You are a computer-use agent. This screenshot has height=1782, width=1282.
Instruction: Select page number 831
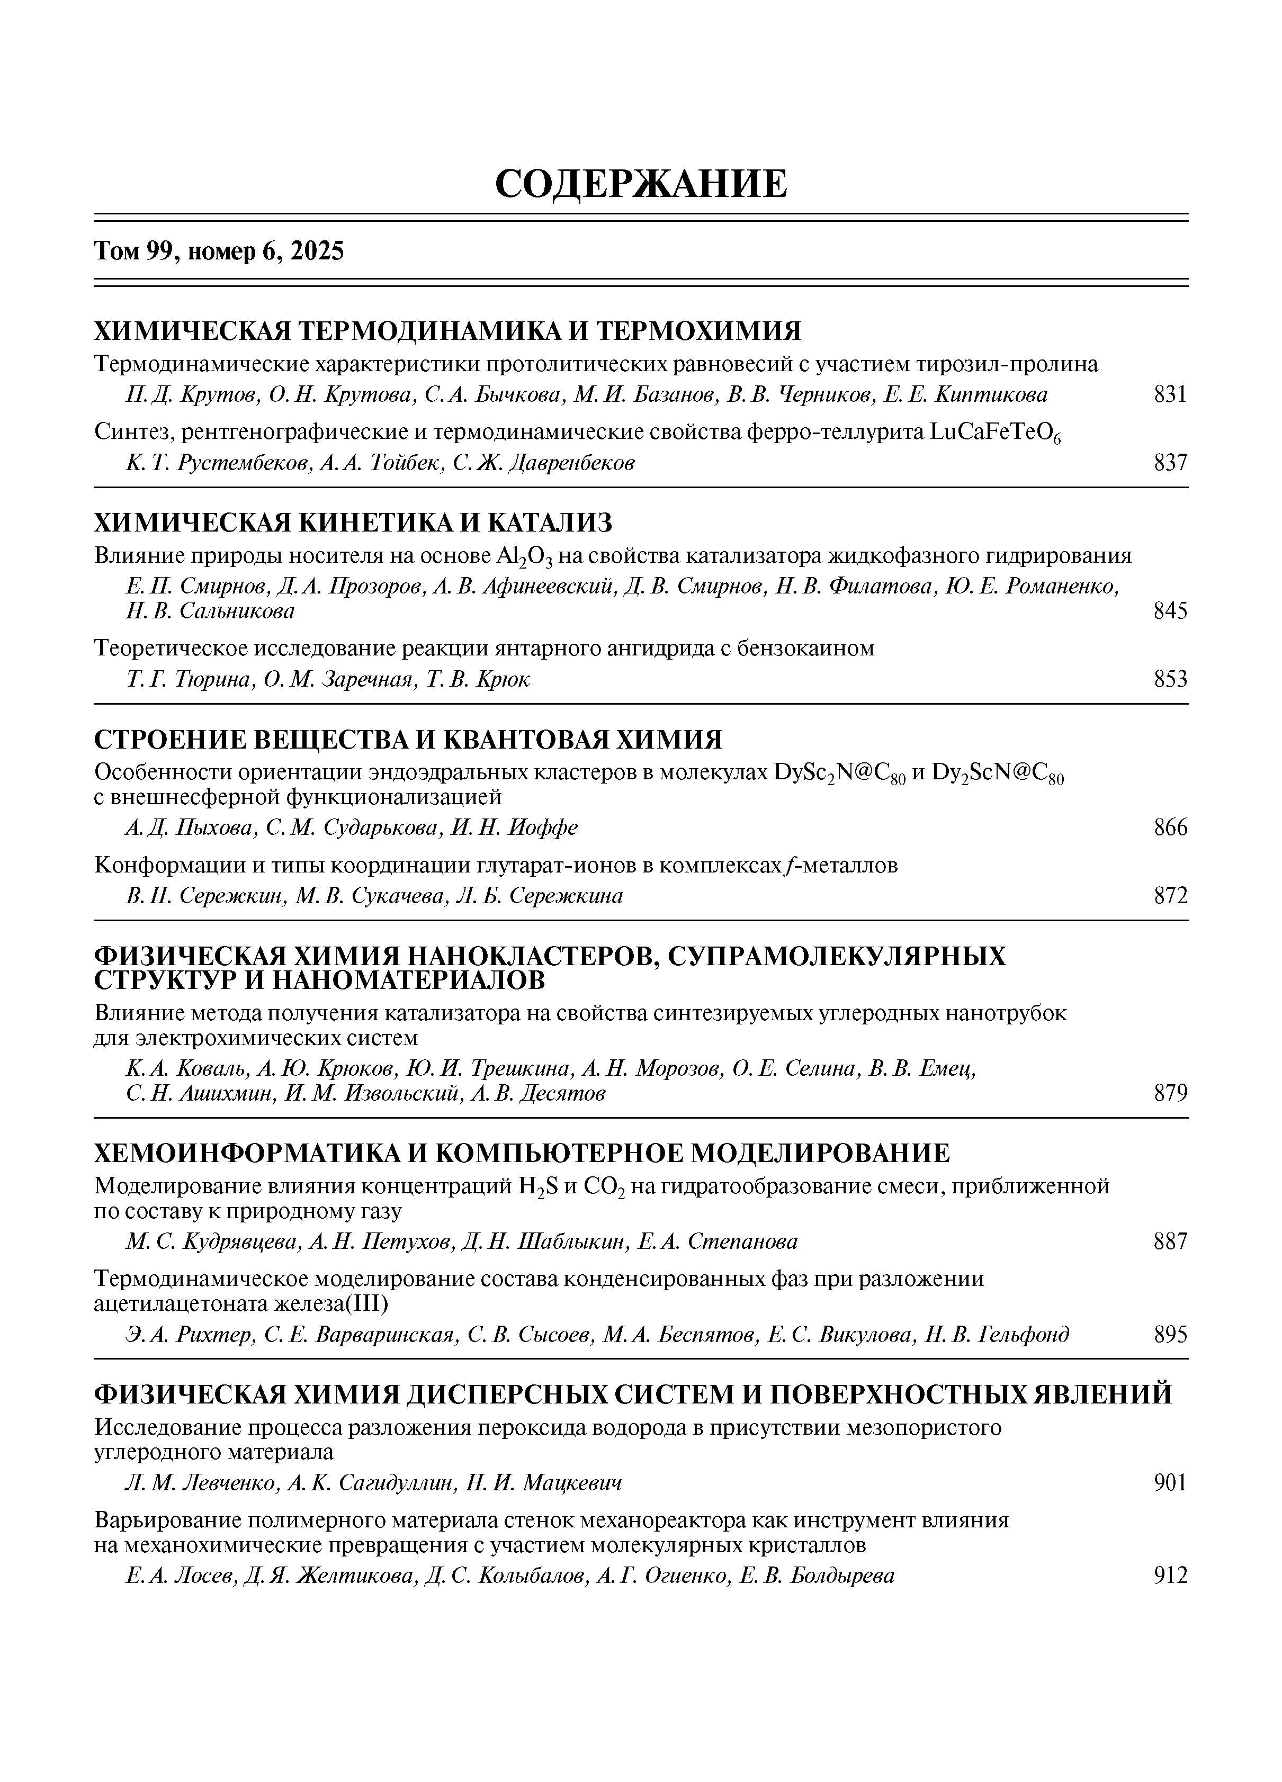(1170, 394)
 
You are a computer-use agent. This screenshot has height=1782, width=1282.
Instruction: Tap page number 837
(1170, 463)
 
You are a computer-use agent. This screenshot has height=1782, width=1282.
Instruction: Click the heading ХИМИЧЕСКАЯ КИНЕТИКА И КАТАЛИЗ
(353, 521)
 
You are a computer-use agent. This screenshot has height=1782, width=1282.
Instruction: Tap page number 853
(1170, 679)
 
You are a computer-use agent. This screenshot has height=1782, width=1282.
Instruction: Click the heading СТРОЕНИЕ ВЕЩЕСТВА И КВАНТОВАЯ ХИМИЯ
(408, 740)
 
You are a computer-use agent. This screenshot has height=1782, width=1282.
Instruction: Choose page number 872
(1170, 896)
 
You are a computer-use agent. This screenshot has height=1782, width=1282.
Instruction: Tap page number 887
(1170, 1241)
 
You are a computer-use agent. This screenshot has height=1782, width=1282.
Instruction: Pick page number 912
(1170, 1576)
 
